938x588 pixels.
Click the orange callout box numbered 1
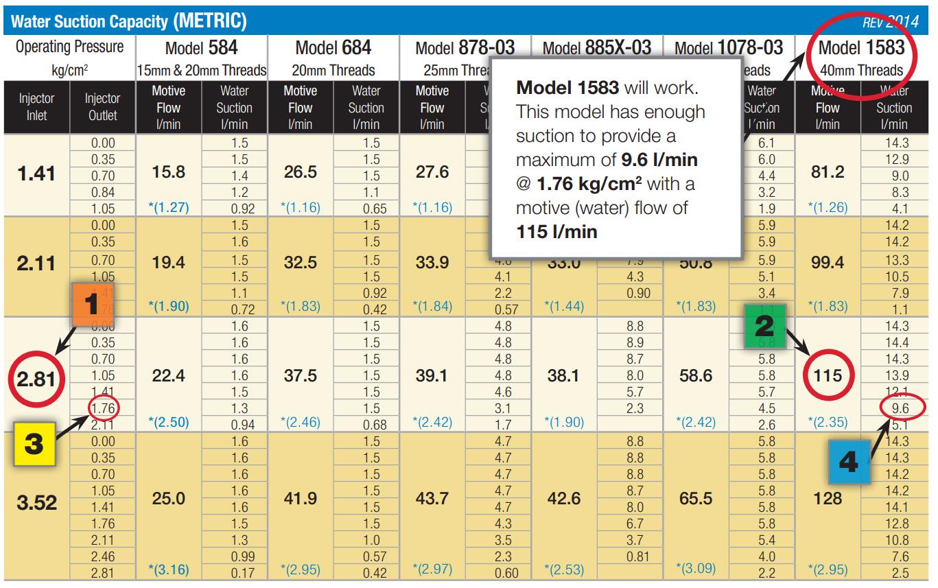[x=91, y=303]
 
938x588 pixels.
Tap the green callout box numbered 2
[x=764, y=327]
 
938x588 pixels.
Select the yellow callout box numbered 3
[x=34, y=444]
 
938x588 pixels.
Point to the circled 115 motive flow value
[x=828, y=376]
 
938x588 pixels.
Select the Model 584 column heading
[x=202, y=48]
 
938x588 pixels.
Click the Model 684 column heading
[x=333, y=48]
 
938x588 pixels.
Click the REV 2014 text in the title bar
[x=891, y=21]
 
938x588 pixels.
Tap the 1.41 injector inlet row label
[x=36, y=172]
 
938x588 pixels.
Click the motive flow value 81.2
[x=828, y=172]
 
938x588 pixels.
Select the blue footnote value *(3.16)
[x=169, y=569]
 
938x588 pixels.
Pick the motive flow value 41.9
[x=301, y=499]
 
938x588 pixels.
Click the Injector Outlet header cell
[x=103, y=107]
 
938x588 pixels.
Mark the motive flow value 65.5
[x=696, y=499]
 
